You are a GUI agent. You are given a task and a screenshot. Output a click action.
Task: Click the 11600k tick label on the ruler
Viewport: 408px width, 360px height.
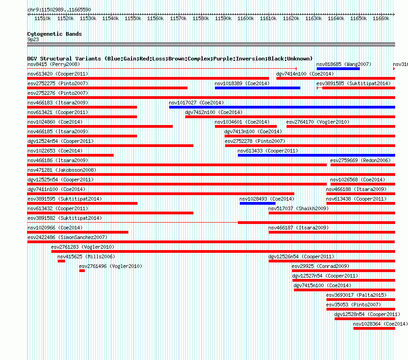(x=246, y=18)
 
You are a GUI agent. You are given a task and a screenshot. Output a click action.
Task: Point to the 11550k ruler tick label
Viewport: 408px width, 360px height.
(x=133, y=18)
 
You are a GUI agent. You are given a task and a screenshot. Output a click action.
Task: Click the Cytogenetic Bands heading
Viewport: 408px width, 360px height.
(x=54, y=34)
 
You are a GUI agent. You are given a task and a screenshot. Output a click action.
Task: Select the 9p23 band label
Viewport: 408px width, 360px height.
(x=33, y=39)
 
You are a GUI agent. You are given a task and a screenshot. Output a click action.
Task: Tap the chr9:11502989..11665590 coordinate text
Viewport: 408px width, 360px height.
(x=59, y=10)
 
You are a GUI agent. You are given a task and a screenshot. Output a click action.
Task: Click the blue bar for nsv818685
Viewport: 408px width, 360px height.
(x=338, y=69)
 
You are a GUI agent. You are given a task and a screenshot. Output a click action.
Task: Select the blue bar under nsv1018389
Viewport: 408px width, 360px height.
(x=257, y=88)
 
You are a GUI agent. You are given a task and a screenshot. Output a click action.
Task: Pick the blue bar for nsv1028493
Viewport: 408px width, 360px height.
(x=257, y=203)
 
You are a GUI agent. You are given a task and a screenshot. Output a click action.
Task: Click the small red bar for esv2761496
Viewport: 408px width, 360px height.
(x=82, y=271)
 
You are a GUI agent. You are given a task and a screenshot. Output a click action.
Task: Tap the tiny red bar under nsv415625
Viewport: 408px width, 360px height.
(x=61, y=261)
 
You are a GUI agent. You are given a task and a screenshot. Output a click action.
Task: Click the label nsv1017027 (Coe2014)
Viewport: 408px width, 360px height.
(x=196, y=103)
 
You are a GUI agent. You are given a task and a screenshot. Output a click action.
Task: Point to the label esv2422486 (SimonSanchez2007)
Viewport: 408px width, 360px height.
(x=67, y=237)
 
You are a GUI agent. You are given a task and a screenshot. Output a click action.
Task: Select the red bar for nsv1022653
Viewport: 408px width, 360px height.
(x=70, y=155)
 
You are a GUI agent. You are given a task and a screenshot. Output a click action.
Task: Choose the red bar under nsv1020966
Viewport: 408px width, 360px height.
(x=77, y=232)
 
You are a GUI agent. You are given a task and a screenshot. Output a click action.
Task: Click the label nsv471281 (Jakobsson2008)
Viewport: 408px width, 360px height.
(x=61, y=170)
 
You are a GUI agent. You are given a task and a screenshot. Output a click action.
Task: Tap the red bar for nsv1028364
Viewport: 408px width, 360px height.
(x=374, y=328)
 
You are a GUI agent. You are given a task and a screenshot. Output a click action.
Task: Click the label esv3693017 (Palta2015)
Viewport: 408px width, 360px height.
(x=356, y=295)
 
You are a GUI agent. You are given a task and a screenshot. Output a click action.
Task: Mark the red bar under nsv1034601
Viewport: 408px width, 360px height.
(x=246, y=126)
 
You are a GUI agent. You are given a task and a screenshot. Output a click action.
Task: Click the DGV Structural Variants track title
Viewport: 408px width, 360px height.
(x=170, y=59)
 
